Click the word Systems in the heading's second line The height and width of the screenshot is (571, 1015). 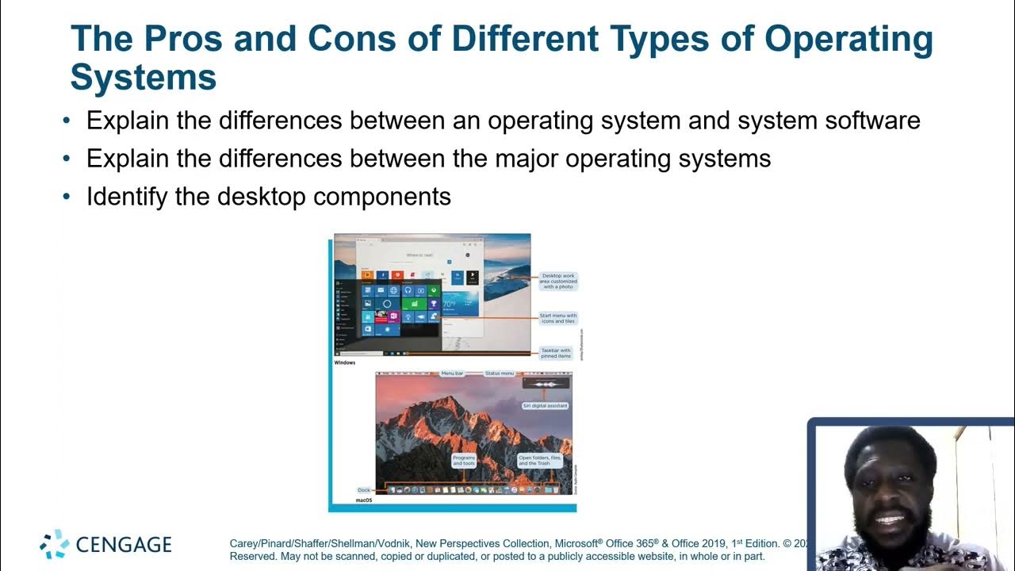[144, 78]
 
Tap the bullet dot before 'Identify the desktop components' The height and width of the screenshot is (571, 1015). [67, 196]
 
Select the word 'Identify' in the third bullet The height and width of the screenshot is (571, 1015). [127, 196]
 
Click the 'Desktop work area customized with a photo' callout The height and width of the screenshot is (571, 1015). [558, 282]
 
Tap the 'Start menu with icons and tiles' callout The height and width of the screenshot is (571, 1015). [558, 318]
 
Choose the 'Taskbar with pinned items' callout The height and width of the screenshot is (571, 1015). [555, 353]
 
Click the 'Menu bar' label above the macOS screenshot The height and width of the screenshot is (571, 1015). [452, 373]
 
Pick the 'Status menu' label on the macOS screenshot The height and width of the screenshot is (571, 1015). [500, 373]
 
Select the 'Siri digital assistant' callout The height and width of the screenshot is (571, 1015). [546, 405]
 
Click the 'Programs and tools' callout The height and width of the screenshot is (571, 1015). [464, 460]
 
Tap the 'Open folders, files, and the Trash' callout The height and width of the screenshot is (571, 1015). [540, 460]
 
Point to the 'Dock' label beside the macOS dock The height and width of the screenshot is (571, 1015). [364, 490]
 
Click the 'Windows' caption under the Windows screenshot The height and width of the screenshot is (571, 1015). [345, 362]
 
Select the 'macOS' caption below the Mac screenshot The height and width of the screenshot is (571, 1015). [364, 501]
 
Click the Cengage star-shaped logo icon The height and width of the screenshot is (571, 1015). [55, 544]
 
